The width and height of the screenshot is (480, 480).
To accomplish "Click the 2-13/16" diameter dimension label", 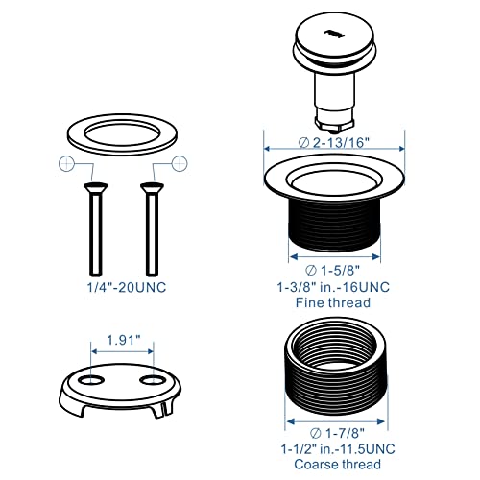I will coord(337,142).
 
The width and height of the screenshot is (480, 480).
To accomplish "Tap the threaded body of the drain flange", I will coord(336,226).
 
